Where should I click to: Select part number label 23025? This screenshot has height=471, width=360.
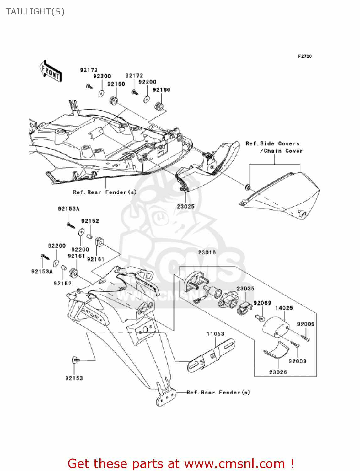185,207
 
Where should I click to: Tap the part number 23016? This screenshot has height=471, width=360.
207,252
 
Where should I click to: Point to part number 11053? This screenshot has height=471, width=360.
215,334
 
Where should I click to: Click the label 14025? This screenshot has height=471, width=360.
284,308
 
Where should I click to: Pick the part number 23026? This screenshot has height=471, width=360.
278,372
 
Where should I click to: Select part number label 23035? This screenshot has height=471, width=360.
245,289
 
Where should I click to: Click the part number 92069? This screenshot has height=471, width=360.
262,303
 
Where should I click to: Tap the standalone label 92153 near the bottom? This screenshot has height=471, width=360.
74,378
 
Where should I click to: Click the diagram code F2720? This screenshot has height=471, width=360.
305,56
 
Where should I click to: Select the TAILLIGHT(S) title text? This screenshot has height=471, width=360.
35,12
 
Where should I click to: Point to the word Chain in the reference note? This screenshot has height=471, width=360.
272,151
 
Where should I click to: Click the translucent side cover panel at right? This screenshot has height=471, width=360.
282,195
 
